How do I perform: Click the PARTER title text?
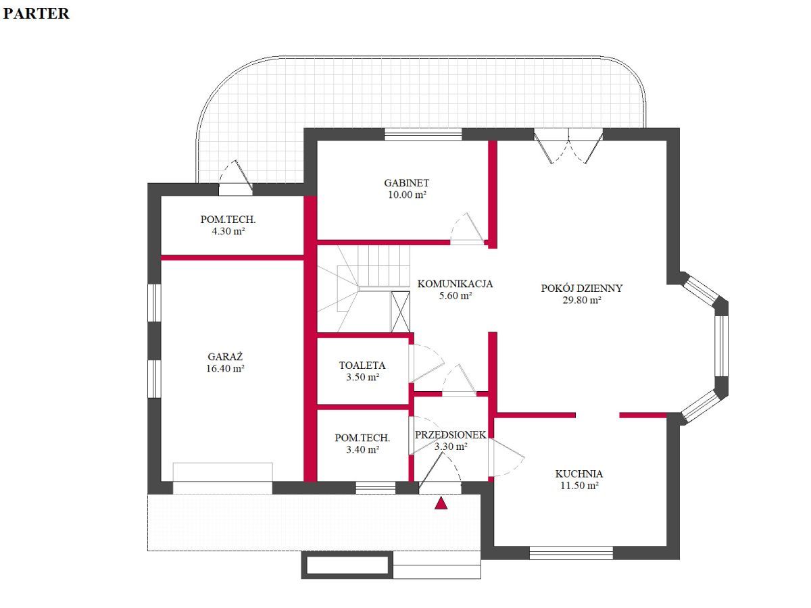(x=36, y=14)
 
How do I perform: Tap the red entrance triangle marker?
(x=441, y=503)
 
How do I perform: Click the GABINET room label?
(x=406, y=182)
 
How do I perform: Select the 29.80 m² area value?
(x=582, y=300)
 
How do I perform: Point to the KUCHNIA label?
(x=579, y=474)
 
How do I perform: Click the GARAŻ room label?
(x=225, y=357)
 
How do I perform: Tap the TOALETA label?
(x=362, y=365)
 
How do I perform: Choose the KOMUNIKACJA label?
(x=455, y=284)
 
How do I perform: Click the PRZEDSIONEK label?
(x=450, y=435)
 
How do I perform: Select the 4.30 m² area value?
(x=228, y=231)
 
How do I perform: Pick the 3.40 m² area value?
(x=362, y=450)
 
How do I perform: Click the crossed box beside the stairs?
(x=400, y=311)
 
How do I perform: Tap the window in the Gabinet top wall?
(x=423, y=134)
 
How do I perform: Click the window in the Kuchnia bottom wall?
(x=571, y=553)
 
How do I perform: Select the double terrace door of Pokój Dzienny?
(x=568, y=145)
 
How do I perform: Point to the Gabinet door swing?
(x=467, y=228)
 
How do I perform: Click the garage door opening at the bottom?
(x=222, y=487)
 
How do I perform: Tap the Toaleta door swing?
(x=426, y=363)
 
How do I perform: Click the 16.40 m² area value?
(x=225, y=368)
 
